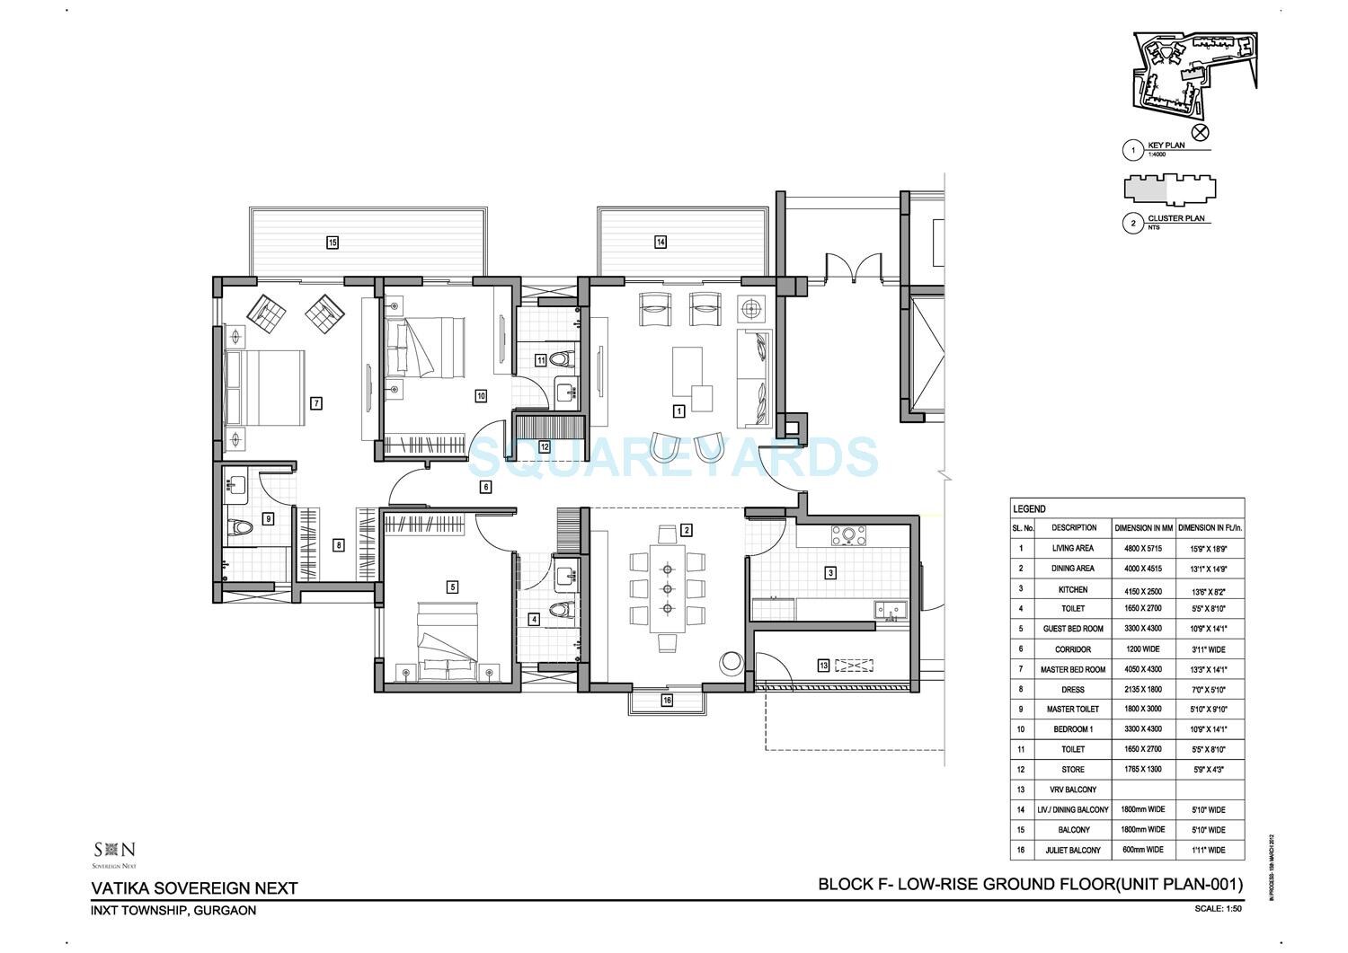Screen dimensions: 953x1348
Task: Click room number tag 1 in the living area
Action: (678, 410)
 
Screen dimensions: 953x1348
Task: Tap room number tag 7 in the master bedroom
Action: (316, 403)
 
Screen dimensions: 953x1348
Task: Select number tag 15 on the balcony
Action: (333, 242)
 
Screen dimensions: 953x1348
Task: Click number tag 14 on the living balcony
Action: (661, 242)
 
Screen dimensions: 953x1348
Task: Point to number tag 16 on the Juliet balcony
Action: (667, 700)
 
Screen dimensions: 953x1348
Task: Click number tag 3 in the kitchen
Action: (830, 572)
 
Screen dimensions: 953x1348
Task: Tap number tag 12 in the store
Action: (545, 446)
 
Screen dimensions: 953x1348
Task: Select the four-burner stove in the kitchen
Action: (848, 536)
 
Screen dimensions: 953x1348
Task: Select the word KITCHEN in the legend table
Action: (1073, 589)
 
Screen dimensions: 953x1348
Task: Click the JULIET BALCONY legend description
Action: (1073, 850)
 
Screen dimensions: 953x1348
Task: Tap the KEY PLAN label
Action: (1166, 146)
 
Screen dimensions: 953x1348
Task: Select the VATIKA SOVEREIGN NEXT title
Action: (194, 888)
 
